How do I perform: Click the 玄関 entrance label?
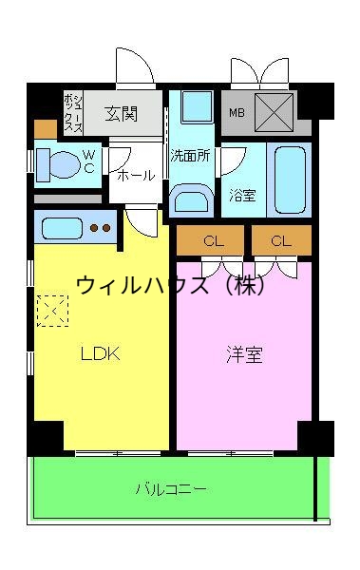121,114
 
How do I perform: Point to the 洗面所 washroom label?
190,155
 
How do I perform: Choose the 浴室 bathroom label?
242,196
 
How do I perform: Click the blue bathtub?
286,180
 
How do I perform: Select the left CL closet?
212,241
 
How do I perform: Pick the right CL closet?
280,241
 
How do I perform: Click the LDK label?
100,354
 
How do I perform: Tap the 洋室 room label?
244,355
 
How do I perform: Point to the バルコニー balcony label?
171,489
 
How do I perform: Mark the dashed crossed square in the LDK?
51,310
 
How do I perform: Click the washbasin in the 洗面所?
193,199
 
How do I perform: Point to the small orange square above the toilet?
45,129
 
